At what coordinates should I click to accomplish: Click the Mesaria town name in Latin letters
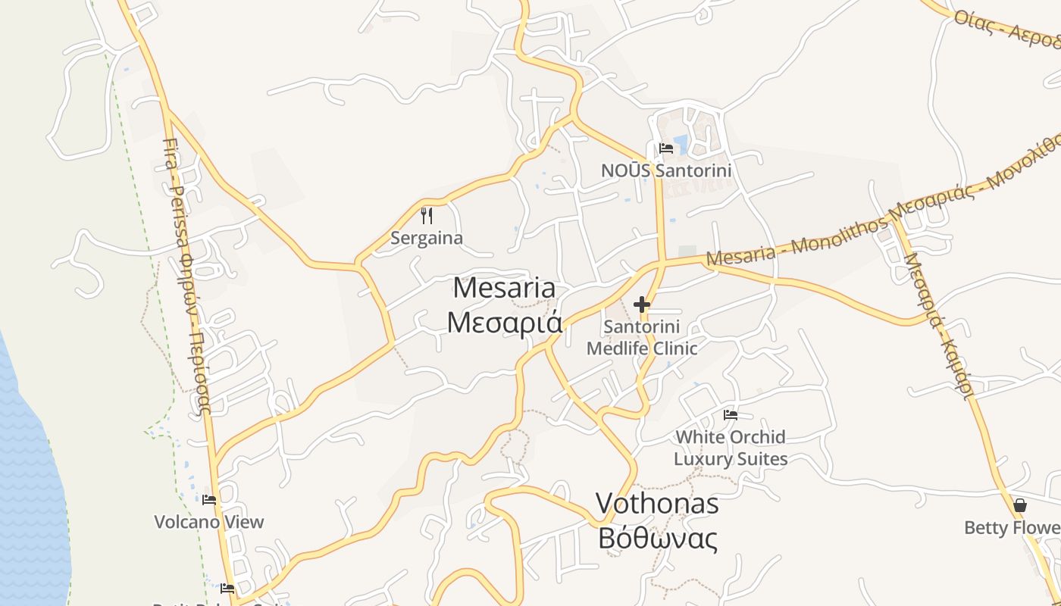(x=504, y=289)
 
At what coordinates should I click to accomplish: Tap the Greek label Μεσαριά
(x=504, y=322)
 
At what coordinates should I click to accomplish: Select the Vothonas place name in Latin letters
(x=656, y=504)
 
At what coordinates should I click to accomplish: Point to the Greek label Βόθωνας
(x=657, y=539)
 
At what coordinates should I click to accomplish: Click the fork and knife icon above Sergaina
(x=427, y=217)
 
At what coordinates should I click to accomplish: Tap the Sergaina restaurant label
(x=426, y=238)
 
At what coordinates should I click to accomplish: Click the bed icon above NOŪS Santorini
(x=666, y=148)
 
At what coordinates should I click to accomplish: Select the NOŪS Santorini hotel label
(x=666, y=170)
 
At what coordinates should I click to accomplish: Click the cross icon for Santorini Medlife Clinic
(x=642, y=305)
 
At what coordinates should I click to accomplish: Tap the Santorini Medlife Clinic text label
(x=642, y=338)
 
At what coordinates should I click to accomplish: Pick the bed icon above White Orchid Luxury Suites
(x=731, y=415)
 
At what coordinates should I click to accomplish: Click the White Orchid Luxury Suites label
(x=731, y=448)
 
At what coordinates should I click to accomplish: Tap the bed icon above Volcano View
(x=209, y=500)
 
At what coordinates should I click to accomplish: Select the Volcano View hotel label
(x=209, y=522)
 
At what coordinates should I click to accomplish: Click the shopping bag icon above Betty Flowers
(x=1020, y=505)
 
